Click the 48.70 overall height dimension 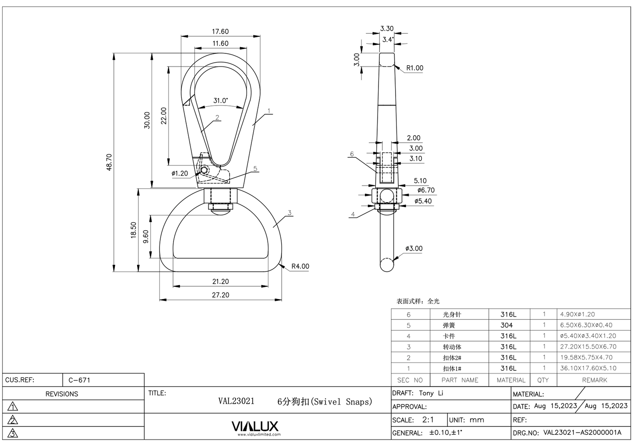coord(109,162)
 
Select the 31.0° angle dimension coord(220,101)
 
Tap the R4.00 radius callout coord(300,266)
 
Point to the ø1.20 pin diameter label coord(180,173)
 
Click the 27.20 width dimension coord(220,295)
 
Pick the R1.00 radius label coord(414,68)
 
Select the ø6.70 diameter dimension coord(426,190)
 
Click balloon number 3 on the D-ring coord(290,213)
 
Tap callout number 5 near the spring coord(255,169)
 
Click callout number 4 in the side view coord(353,214)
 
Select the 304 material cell coord(506,325)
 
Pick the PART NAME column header coord(460,380)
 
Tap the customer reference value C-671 coord(79,380)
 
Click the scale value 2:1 coord(428,419)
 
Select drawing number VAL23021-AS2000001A coord(582,433)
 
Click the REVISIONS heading coord(62,394)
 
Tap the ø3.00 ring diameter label coord(414,249)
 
